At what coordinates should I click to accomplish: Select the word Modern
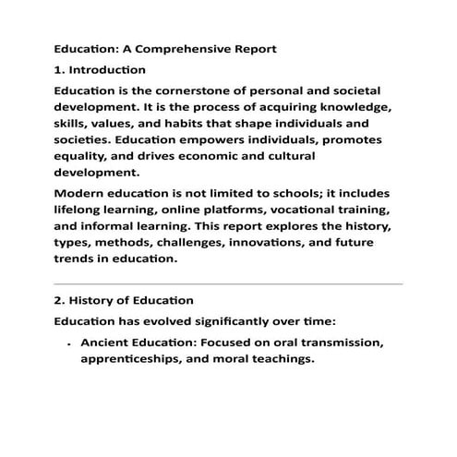[80, 194]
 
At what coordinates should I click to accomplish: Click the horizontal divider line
[228, 283]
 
